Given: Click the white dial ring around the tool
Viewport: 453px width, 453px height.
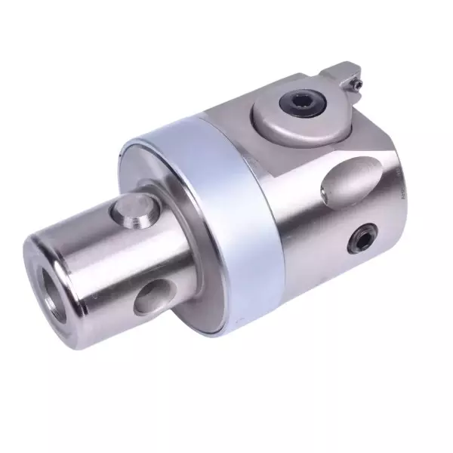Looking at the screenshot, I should point(219,226).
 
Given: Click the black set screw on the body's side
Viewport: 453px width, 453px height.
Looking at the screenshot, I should point(360,241).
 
